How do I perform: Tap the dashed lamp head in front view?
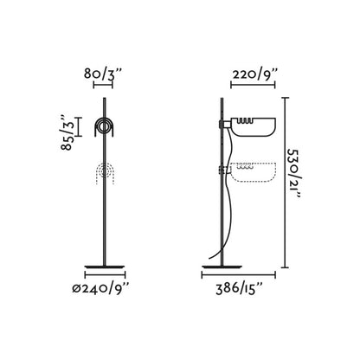coord(106,172)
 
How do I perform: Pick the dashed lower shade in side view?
coord(254,172)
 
